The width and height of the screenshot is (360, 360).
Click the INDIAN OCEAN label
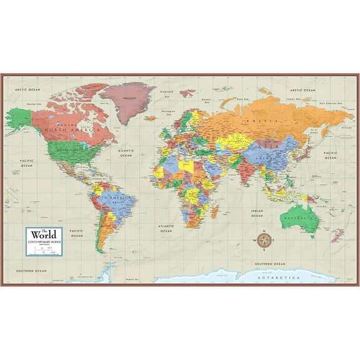point(257,214)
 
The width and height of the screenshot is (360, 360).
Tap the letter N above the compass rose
point(264,232)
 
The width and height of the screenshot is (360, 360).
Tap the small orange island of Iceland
point(150,117)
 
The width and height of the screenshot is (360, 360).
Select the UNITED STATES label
point(67,151)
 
